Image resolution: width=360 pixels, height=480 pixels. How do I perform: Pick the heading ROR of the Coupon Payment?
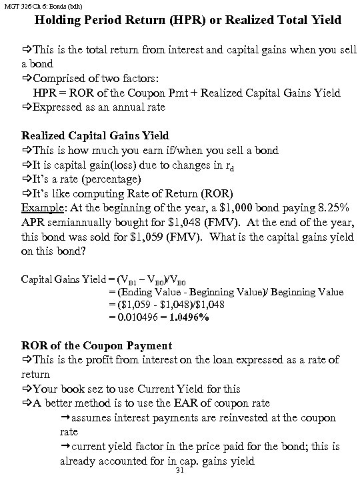[x=97, y=345]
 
